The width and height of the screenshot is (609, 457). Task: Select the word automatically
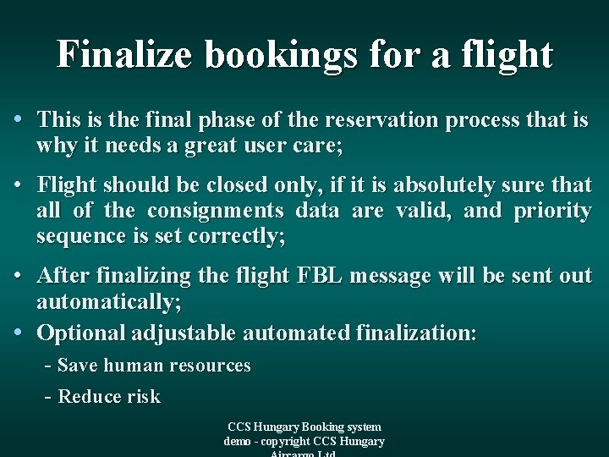108,302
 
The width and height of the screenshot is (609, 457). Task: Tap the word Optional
81,333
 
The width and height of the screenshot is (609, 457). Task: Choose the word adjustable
184,333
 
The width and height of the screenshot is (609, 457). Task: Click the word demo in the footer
239,441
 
